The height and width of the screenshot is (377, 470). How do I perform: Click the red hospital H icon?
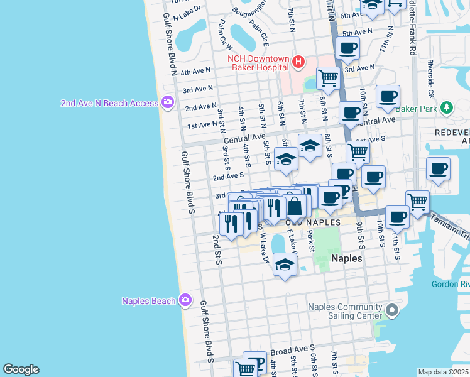tap(298, 62)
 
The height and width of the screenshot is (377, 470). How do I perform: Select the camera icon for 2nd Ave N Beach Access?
tap(167, 102)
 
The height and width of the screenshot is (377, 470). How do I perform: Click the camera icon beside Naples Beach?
tap(185, 300)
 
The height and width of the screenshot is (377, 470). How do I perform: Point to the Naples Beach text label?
tap(149, 301)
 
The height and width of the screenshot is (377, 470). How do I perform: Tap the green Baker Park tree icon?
tap(447, 107)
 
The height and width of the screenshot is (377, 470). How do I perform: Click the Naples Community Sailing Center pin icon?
tap(392, 310)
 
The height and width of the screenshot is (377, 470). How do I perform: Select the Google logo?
tap(21, 369)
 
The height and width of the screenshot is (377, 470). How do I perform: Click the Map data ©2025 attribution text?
tap(443, 372)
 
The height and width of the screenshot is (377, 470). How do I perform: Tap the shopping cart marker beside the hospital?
tap(328, 78)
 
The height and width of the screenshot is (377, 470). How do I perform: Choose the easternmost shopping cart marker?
tap(417, 202)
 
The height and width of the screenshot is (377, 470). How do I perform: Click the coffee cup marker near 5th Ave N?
tap(347, 48)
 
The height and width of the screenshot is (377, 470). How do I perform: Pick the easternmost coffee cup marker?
tap(437, 169)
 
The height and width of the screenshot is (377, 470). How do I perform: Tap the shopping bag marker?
tap(294, 205)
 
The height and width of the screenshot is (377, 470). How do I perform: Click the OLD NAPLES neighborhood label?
tap(314, 222)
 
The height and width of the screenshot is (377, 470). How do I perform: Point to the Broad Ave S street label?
tap(292, 349)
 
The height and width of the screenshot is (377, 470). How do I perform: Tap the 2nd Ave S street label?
tap(228, 177)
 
